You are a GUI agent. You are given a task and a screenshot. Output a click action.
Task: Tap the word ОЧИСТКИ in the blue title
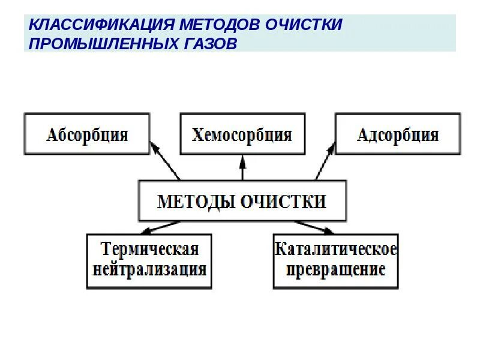click(x=304, y=25)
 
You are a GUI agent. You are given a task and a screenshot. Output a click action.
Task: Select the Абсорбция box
click(x=86, y=134)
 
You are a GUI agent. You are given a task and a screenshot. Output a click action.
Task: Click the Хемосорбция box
click(x=242, y=134)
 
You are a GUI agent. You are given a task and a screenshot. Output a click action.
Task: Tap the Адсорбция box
click(x=397, y=134)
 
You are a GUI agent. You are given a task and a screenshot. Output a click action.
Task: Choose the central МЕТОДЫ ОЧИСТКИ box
click(x=242, y=201)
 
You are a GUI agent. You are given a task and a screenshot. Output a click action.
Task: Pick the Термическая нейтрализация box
click(x=149, y=260)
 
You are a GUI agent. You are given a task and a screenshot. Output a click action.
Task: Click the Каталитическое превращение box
click(x=335, y=260)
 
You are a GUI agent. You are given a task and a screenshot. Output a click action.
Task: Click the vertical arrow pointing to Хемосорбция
click(x=242, y=167)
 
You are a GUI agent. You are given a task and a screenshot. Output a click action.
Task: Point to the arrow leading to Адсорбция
click(x=325, y=160)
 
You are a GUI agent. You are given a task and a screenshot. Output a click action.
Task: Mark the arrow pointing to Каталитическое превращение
click(x=313, y=226)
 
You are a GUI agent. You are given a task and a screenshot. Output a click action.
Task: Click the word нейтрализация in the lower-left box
click(x=149, y=268)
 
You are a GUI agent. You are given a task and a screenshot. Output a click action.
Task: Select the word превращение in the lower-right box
click(x=335, y=268)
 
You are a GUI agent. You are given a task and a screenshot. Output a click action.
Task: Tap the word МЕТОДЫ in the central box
click(x=195, y=201)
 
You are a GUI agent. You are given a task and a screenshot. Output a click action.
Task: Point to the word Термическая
click(x=149, y=248)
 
